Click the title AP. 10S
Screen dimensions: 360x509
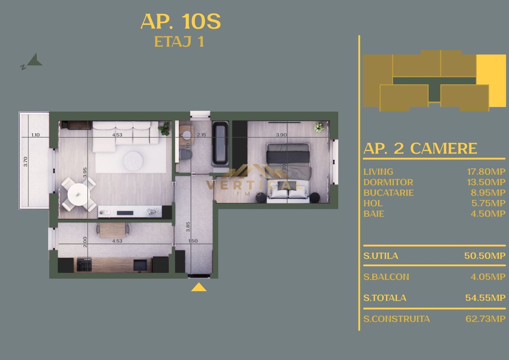(181, 22)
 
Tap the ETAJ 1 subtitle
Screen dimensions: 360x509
(179, 42)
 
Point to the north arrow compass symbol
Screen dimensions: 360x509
(34, 61)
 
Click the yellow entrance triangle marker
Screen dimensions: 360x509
(199, 287)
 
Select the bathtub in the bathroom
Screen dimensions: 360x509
(220, 143)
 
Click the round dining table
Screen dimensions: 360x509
(79, 194)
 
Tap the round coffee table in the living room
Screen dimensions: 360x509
(133, 161)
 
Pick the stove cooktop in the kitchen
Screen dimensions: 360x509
(84, 265)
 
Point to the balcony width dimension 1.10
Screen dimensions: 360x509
(35, 135)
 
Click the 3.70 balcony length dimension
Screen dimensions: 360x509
(26, 162)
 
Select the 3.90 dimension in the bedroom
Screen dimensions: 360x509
(281, 135)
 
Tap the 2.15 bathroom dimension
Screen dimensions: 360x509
(202, 135)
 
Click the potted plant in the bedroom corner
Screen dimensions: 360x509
(319, 128)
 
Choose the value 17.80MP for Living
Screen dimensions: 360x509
(486, 172)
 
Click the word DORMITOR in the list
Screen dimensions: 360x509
(388, 182)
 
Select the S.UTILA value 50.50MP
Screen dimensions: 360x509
(485, 256)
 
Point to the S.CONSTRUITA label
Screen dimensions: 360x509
(396, 319)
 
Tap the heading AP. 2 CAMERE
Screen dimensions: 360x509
(420, 148)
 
